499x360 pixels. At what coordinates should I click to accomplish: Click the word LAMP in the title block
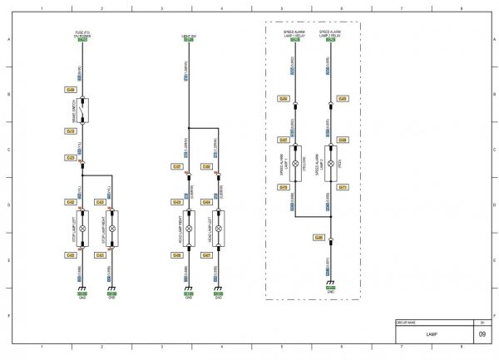pos(431,334)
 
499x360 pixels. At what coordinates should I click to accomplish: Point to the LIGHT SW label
pos(189,36)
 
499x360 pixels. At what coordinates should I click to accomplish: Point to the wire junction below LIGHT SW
pos(189,128)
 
